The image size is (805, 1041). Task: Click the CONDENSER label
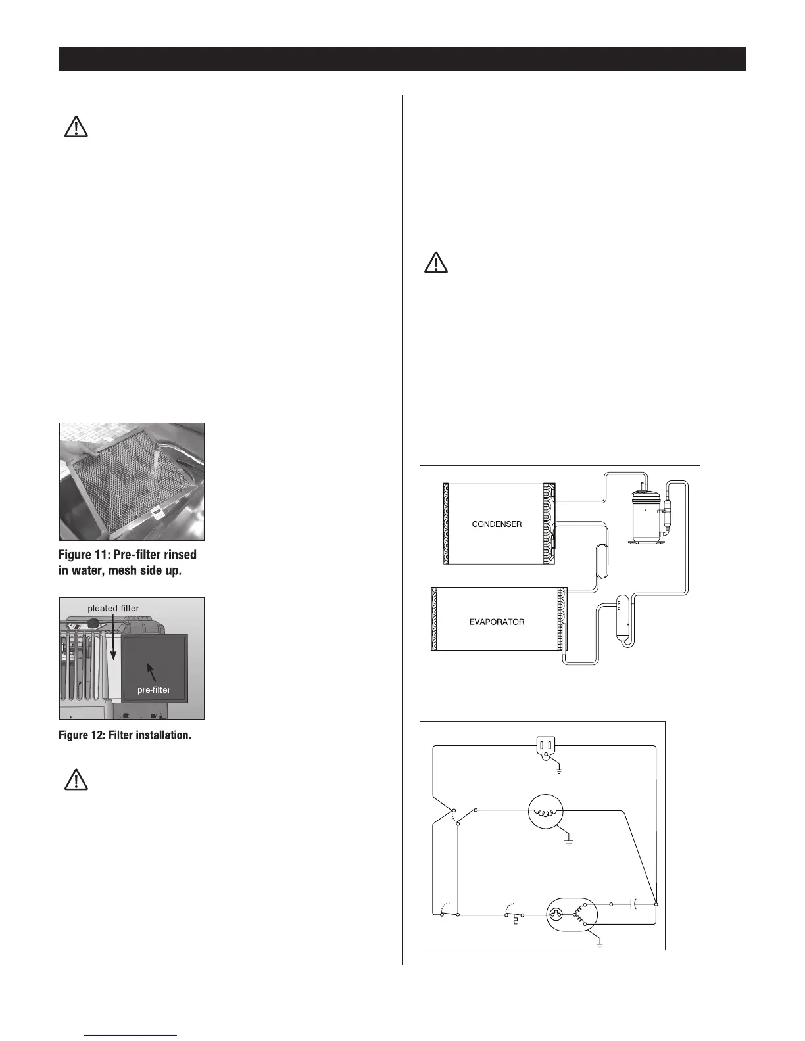[x=497, y=524]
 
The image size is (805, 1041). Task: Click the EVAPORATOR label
[x=497, y=622]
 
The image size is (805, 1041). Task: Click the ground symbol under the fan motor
[x=569, y=842]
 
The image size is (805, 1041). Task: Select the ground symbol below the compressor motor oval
[x=600, y=945]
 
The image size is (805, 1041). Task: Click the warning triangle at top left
[x=76, y=127]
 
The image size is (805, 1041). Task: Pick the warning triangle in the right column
[x=435, y=263]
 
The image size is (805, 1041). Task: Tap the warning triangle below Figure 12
[x=76, y=779]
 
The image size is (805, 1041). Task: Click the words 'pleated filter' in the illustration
[x=113, y=609]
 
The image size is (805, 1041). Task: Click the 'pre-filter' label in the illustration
[x=154, y=690]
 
